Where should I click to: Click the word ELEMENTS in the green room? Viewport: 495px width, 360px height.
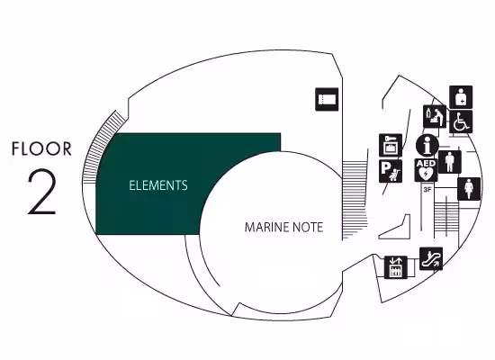pyautogui.click(x=158, y=185)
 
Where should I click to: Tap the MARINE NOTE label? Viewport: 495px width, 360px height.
pyautogui.click(x=283, y=228)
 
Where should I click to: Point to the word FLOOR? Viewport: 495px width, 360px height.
pyautogui.click(x=41, y=148)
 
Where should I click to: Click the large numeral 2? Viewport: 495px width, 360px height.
pyautogui.click(x=42, y=192)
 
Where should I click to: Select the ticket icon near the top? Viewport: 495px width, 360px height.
pyautogui.click(x=327, y=100)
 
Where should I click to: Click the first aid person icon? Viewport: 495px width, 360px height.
pyautogui.click(x=461, y=97)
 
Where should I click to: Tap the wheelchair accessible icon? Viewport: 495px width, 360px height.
pyautogui.click(x=461, y=121)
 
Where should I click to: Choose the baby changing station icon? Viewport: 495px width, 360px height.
pyautogui.click(x=435, y=116)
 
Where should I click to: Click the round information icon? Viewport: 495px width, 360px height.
pyautogui.click(x=427, y=146)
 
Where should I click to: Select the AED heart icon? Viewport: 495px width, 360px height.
pyautogui.click(x=426, y=170)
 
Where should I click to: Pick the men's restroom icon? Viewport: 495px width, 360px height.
pyautogui.click(x=449, y=162)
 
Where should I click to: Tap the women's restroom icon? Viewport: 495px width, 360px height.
pyautogui.click(x=469, y=189)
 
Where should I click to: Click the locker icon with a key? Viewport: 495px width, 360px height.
pyautogui.click(x=391, y=145)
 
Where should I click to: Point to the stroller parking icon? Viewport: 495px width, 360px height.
pyautogui.click(x=391, y=171)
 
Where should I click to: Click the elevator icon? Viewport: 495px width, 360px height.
pyautogui.click(x=396, y=267)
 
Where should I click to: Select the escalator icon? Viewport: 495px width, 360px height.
pyautogui.click(x=431, y=258)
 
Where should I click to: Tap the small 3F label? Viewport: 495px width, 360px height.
pyautogui.click(x=427, y=190)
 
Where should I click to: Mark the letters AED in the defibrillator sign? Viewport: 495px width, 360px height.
pyautogui.click(x=426, y=164)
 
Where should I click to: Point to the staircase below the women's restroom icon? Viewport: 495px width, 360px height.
pyautogui.click(x=446, y=219)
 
